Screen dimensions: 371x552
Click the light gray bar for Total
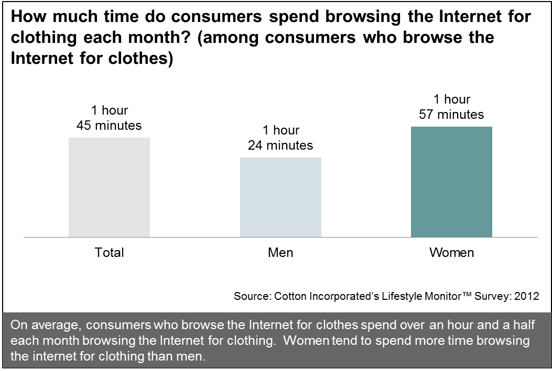click(109, 187)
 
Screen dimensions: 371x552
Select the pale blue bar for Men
click(280, 197)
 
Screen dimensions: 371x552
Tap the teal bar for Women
click(451, 182)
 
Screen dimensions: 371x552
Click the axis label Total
click(109, 253)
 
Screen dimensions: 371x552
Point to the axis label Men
click(280, 253)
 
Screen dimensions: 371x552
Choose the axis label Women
click(451, 253)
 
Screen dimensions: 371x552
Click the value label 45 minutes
click(109, 126)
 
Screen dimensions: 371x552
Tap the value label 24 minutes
click(280, 145)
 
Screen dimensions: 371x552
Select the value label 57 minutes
click(451, 115)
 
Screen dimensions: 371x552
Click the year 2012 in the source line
click(526, 296)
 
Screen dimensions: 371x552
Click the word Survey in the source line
click(491, 296)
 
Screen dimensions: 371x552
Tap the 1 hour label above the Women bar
click(451, 99)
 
